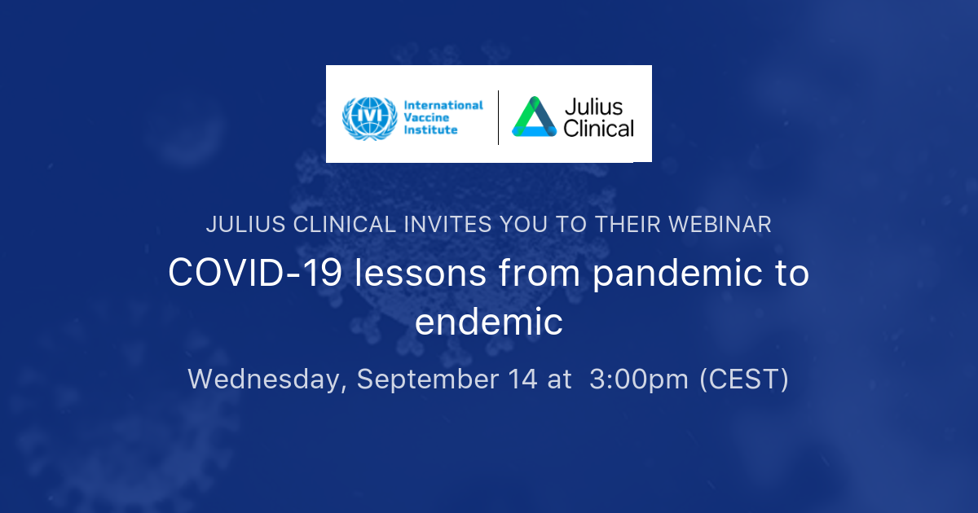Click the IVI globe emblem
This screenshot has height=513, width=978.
tap(370, 118)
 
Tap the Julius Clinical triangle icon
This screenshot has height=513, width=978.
tap(535, 116)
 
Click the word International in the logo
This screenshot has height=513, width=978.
tap(443, 106)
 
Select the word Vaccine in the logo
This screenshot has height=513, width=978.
tap(426, 118)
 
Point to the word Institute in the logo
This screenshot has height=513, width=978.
tap(430, 129)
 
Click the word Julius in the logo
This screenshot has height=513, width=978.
tap(593, 107)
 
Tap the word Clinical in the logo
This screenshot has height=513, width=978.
tap(598, 129)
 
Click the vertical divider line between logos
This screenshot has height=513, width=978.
tap(498, 117)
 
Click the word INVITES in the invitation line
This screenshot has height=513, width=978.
tap(447, 225)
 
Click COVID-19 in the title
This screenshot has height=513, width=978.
tap(255, 273)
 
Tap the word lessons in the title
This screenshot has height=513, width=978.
tap(420, 273)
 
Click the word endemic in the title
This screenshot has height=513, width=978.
tap(488, 322)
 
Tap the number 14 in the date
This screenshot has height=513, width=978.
tap(522, 379)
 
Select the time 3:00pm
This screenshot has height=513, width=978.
tap(639, 379)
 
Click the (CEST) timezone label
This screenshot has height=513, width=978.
tap(744, 379)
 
